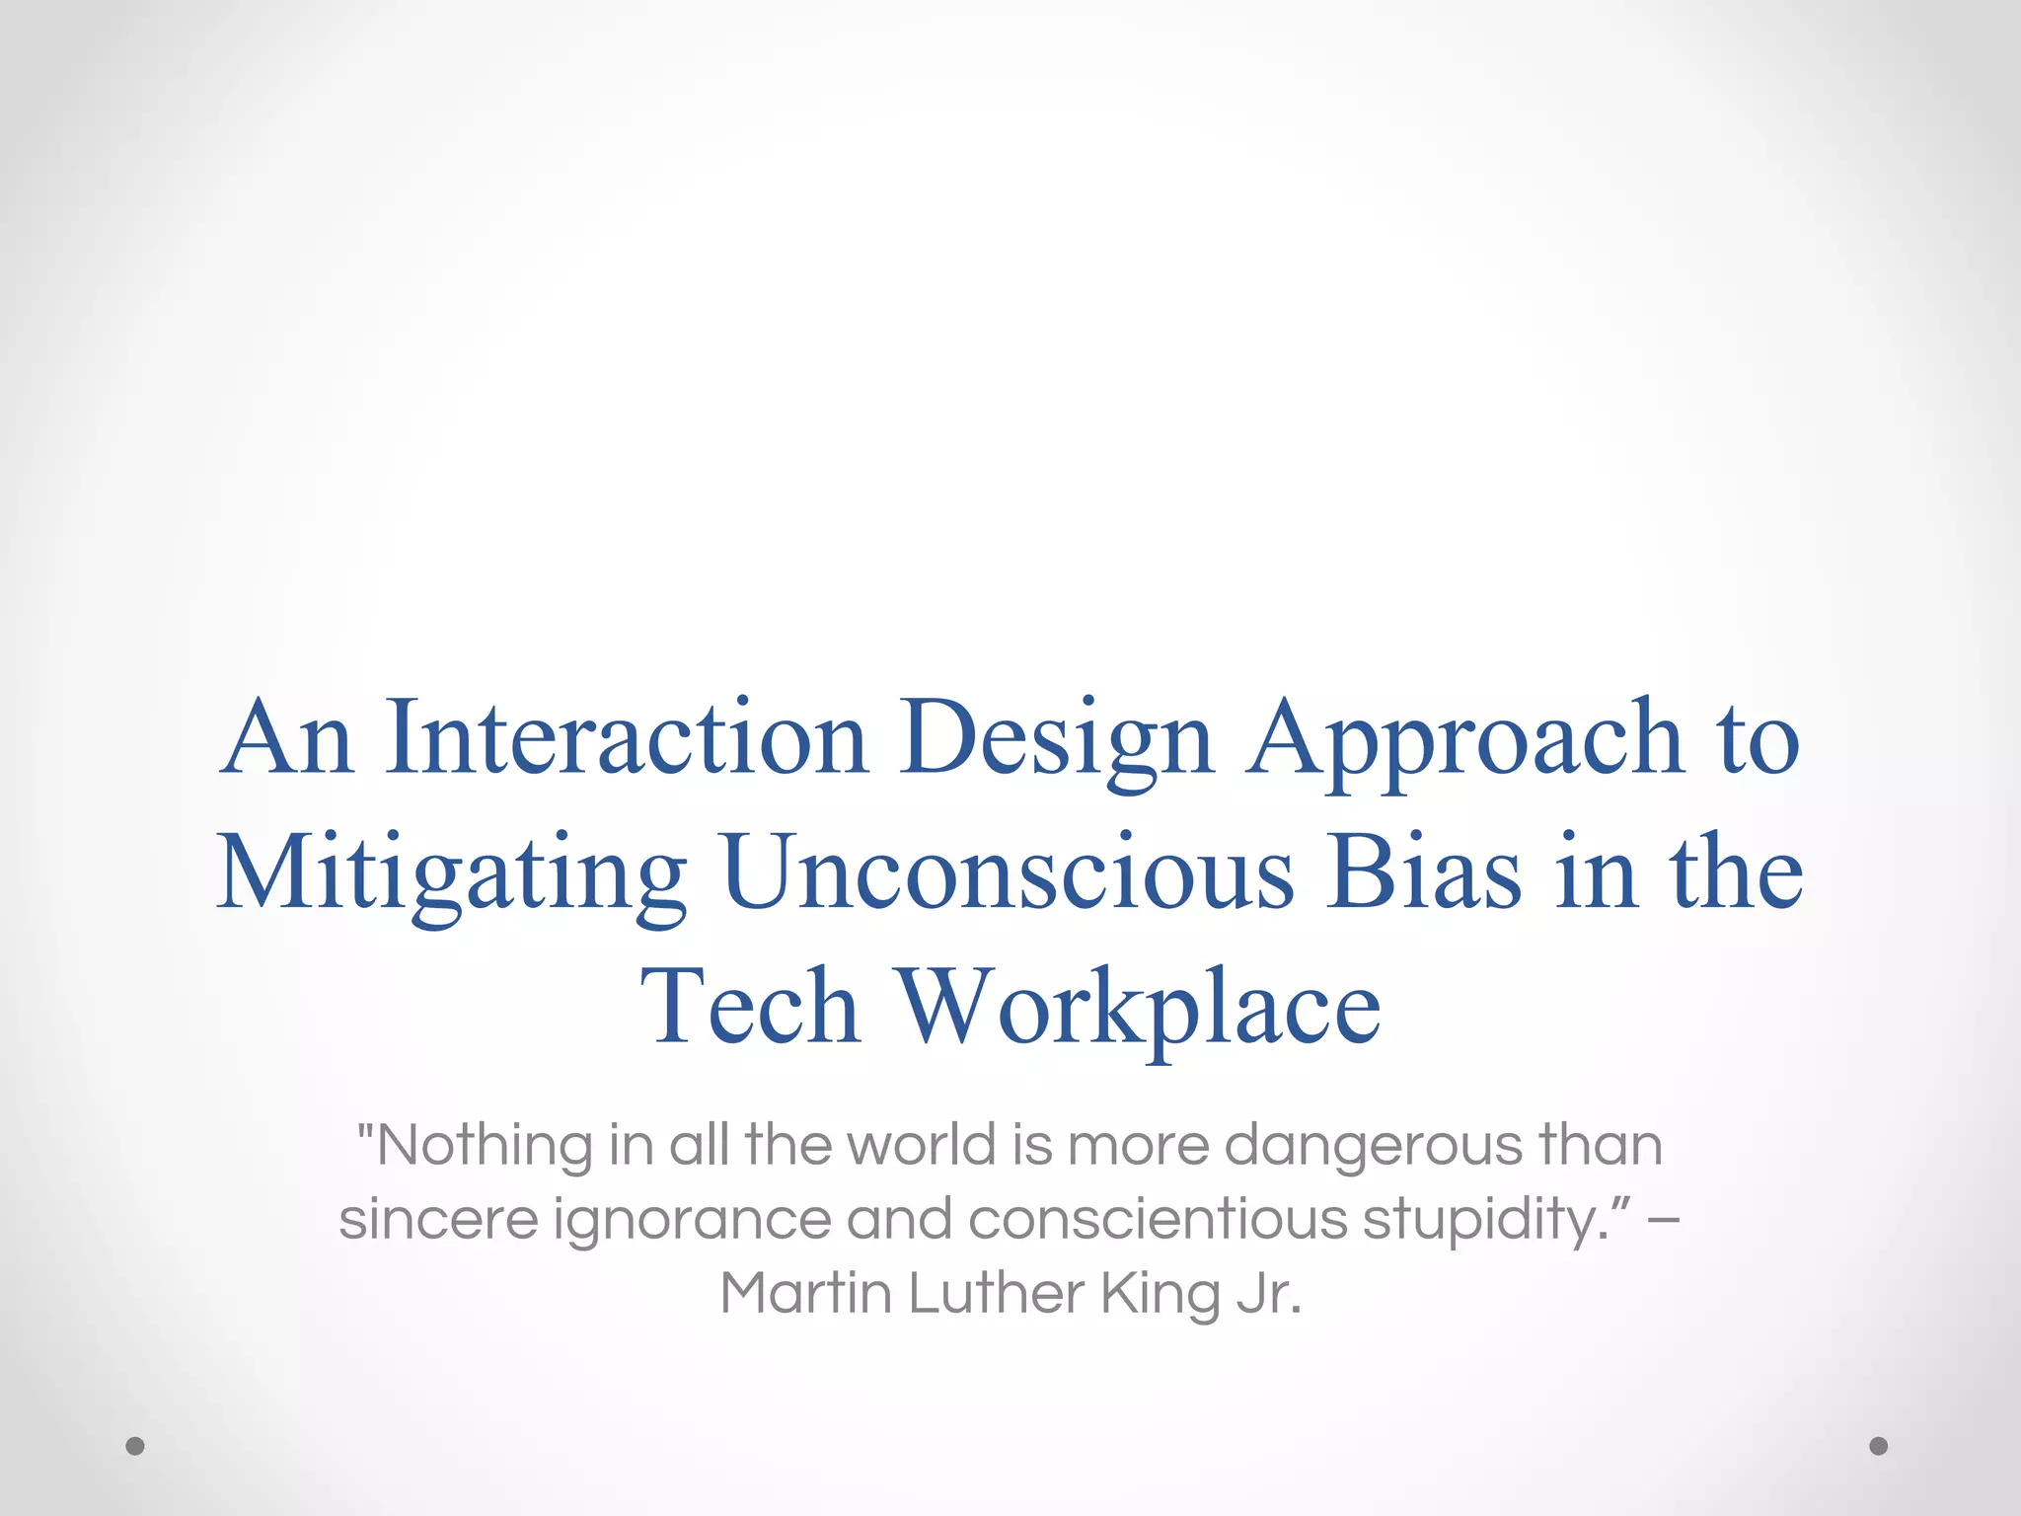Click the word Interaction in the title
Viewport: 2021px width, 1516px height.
click(x=627, y=738)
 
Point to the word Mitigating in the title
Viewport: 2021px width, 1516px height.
click(x=452, y=874)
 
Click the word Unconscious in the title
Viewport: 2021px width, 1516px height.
click(x=1007, y=872)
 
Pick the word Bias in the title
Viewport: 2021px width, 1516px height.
click(x=1423, y=872)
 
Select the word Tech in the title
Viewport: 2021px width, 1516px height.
click(x=750, y=1007)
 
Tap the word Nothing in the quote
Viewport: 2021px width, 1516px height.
click(x=484, y=1147)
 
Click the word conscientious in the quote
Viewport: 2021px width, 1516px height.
click(x=1158, y=1220)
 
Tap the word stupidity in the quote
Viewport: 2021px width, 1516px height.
click(x=1484, y=1222)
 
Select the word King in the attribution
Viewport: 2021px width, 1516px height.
click(x=1160, y=1295)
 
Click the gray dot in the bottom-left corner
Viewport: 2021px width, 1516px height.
click(x=135, y=1446)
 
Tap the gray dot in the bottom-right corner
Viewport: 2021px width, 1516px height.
click(x=1879, y=1446)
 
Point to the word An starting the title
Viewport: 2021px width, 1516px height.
click(x=287, y=738)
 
